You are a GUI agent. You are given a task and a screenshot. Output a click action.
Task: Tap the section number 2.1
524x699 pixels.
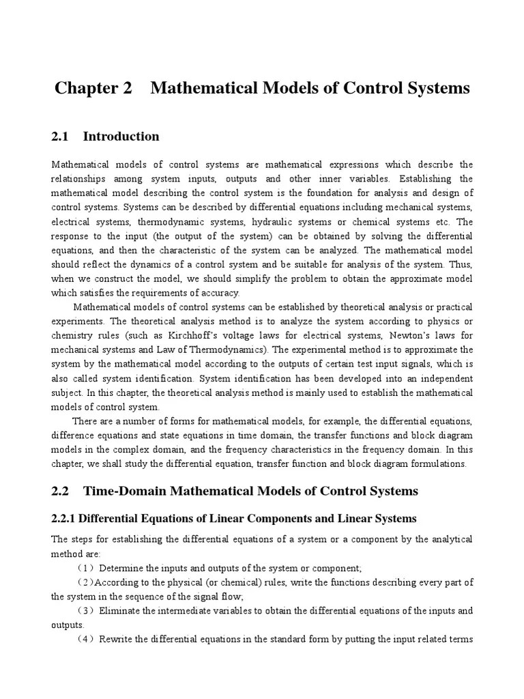tap(61, 137)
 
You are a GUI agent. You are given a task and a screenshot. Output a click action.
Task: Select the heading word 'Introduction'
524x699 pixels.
tap(121, 137)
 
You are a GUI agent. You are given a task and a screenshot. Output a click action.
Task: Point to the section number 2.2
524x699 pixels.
tap(61, 491)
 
